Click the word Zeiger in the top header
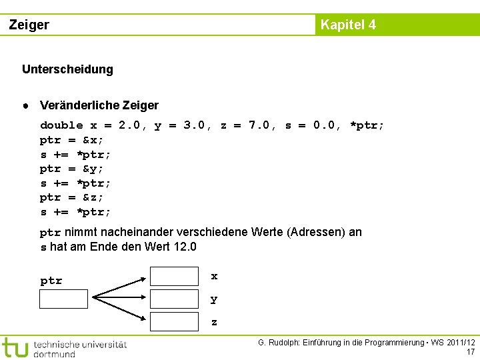29,25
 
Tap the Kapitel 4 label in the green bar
348,25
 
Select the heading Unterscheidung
67,69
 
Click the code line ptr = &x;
72,140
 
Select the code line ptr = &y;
72,169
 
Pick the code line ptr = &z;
72,197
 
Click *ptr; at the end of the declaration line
367,125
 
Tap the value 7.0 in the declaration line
259,125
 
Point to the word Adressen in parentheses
317,232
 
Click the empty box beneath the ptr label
63,299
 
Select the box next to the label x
174,276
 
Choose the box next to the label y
174,299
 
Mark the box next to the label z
174,322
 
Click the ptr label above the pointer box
51,281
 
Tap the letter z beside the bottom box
214,323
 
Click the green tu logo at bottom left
15,347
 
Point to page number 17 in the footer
471,352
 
